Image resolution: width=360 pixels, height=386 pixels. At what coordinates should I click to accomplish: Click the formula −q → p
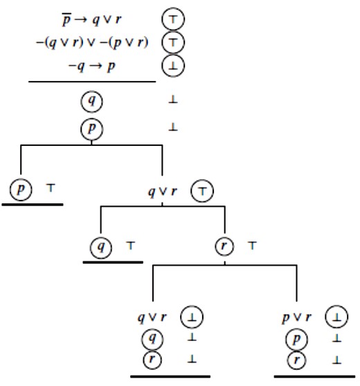91,66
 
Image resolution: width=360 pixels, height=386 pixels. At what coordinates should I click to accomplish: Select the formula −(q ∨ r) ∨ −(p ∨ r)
92,43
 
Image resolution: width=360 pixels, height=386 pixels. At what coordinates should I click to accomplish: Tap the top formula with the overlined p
91,19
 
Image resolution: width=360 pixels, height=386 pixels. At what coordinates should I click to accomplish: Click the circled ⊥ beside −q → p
173,66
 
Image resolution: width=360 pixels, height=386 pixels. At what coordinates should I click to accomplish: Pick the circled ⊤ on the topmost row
173,19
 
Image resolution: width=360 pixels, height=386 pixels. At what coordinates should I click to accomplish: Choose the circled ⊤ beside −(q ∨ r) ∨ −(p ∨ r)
173,42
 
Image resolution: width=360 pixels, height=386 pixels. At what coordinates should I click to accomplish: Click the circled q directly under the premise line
91,101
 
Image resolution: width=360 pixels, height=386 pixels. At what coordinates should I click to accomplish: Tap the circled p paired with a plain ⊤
21,190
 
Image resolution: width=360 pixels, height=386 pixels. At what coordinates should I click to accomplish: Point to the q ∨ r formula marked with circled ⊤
163,192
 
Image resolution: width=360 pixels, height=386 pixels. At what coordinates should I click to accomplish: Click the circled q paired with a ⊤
101,247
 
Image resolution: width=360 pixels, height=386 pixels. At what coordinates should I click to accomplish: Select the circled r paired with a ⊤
224,246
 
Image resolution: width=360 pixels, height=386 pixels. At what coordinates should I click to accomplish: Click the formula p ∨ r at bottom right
296,318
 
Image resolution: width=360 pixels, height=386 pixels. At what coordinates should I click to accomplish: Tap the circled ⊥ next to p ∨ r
336,317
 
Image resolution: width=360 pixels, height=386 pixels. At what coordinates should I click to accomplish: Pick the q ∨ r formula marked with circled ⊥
152,318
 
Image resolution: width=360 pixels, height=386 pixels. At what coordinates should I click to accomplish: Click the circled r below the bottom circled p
296,360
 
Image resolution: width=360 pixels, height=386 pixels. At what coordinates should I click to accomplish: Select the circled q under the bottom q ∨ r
152,339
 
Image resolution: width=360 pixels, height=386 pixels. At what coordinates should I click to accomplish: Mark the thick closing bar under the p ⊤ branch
33,204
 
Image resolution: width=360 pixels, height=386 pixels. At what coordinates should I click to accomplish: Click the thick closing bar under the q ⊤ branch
113,262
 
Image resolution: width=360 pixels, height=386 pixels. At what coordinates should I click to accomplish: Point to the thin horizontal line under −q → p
92,81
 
